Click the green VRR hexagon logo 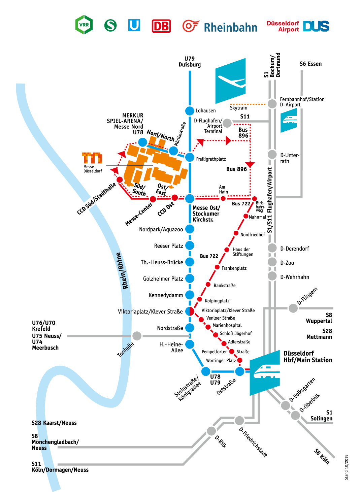tap(84, 25)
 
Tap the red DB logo tap(161, 26)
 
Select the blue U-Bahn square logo tap(134, 25)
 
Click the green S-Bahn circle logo tap(110, 25)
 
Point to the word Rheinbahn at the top tap(230, 27)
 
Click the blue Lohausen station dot tap(190, 110)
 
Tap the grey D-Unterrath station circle tap(272, 155)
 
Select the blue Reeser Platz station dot tap(190, 245)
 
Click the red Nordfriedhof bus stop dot tap(236, 233)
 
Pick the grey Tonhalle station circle tap(137, 336)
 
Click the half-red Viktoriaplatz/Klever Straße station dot tap(190, 311)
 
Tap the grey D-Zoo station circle tap(272, 262)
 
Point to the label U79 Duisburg tap(190, 62)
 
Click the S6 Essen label tap(310, 64)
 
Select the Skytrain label tap(238, 108)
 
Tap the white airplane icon tap(231, 81)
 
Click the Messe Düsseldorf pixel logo tap(92, 158)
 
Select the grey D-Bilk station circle tap(211, 431)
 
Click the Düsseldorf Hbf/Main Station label tap(307, 357)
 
